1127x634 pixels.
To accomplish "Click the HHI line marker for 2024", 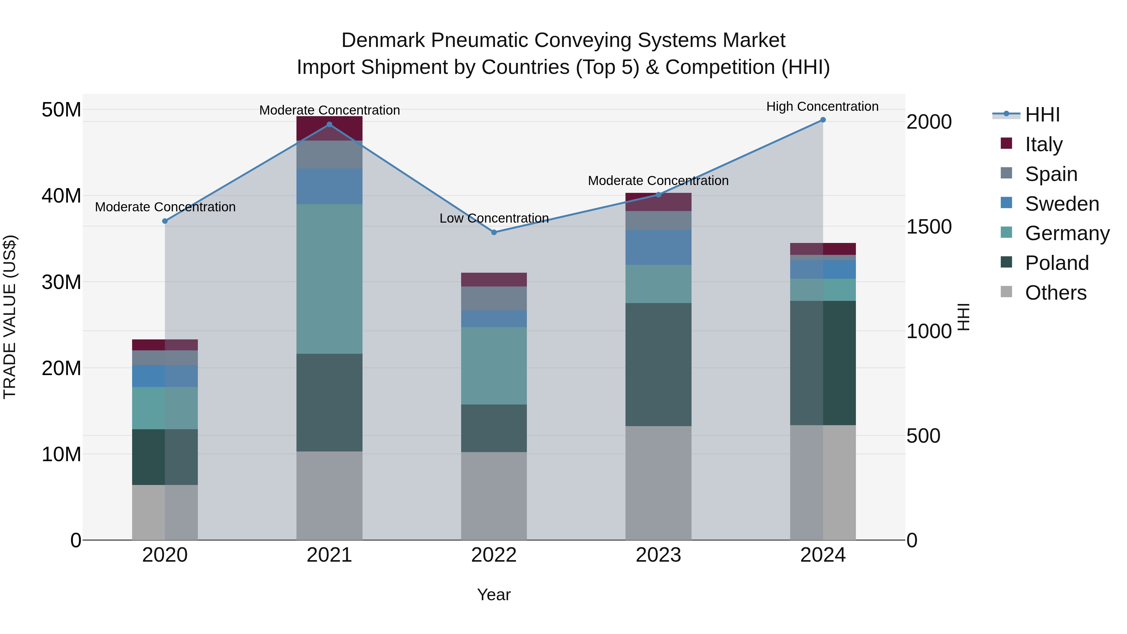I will coord(822,120).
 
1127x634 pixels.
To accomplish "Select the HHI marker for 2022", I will coord(494,232).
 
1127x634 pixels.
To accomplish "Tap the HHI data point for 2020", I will coord(165,221).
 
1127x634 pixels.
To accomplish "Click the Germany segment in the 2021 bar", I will coord(329,279).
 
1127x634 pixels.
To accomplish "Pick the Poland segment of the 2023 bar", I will coord(658,364).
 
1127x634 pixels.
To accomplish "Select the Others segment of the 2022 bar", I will coord(494,495).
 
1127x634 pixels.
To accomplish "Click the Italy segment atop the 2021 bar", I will coord(329,128).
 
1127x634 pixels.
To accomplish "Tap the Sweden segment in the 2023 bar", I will coord(658,247).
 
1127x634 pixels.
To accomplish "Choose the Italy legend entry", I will coord(1043,144).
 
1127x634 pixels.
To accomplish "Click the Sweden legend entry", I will coord(1062,204).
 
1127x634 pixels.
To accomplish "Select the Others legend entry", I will coord(1055,292).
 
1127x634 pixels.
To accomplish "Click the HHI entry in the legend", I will coord(1042,115).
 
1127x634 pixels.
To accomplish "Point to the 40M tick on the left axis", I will coord(61,196).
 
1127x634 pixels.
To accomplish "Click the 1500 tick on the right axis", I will coord(929,227).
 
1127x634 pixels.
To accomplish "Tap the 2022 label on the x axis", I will coord(494,555).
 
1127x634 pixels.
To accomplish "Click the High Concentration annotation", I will coord(822,106).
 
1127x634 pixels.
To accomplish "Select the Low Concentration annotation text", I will coord(494,218).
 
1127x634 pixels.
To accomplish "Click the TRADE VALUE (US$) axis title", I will coord(10,317).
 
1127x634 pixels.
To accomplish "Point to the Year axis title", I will coord(494,595).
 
